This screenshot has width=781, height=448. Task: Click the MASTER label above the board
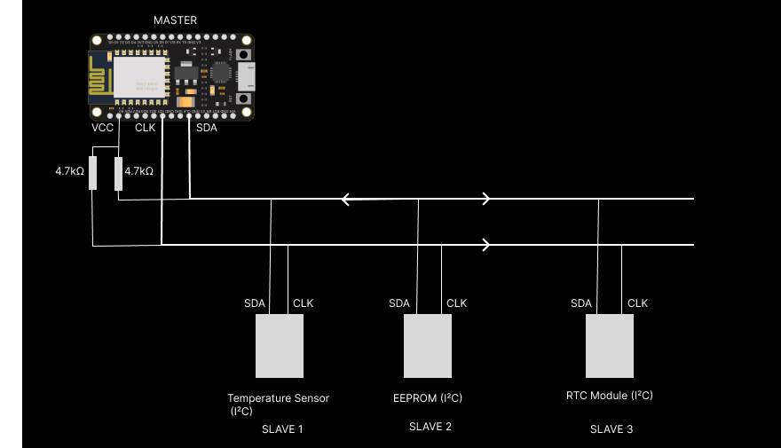click(x=176, y=20)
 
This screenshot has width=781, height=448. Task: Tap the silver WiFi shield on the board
click(x=140, y=75)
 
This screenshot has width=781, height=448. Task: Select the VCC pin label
click(x=103, y=128)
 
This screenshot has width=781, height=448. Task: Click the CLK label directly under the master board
click(x=145, y=128)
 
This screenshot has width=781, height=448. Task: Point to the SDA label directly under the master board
click(x=206, y=128)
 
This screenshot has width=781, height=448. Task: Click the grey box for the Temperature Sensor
click(x=280, y=346)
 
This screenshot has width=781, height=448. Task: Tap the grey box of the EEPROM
click(x=429, y=346)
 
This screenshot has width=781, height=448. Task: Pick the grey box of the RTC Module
click(x=610, y=346)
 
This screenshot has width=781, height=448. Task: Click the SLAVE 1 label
click(x=282, y=429)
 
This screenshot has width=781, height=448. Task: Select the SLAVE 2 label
click(x=430, y=427)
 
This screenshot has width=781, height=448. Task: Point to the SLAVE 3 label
click(x=611, y=429)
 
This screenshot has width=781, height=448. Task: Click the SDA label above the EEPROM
click(x=399, y=303)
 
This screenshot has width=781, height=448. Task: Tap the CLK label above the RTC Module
click(x=637, y=303)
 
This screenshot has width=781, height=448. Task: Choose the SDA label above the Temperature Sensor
click(x=255, y=303)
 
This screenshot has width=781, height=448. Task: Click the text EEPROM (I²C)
click(x=428, y=398)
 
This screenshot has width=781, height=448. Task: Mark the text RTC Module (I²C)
click(x=609, y=396)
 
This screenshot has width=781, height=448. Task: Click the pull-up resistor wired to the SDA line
click(x=118, y=173)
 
